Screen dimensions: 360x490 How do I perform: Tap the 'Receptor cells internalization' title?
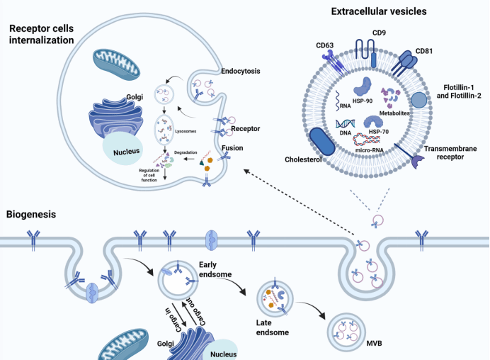tap(41, 33)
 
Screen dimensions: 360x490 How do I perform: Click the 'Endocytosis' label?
tap(222, 70)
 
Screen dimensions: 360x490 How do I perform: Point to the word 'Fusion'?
tap(234, 149)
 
